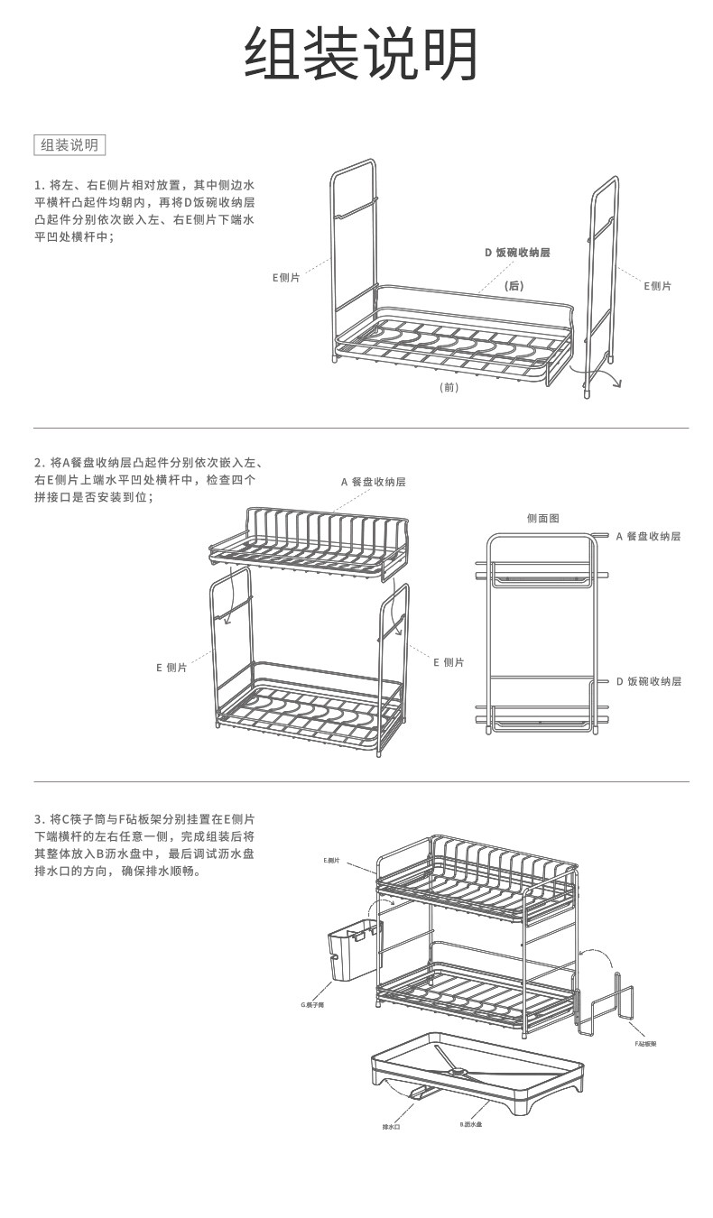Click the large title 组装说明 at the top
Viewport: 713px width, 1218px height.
click(361, 54)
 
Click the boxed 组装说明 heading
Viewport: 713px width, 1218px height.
click(69, 144)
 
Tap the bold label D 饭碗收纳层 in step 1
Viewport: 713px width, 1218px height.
click(517, 253)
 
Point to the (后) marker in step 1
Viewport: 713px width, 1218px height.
click(514, 286)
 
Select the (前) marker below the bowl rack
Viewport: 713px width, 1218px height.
click(449, 387)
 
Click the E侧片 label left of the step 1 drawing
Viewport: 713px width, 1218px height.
click(286, 278)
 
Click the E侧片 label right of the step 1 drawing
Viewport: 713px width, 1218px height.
click(657, 286)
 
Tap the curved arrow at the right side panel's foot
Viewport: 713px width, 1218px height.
click(614, 379)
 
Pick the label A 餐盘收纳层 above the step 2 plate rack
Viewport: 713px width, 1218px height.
click(374, 482)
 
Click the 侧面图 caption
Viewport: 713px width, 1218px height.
click(543, 519)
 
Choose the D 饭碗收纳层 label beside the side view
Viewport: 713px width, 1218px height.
click(649, 681)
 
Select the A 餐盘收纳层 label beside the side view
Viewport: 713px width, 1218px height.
click(648, 536)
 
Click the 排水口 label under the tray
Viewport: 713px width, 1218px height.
click(391, 1127)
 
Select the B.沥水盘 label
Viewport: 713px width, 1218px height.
click(470, 1124)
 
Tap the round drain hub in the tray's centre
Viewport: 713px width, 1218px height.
click(459, 1072)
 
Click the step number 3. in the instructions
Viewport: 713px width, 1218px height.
click(39, 818)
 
